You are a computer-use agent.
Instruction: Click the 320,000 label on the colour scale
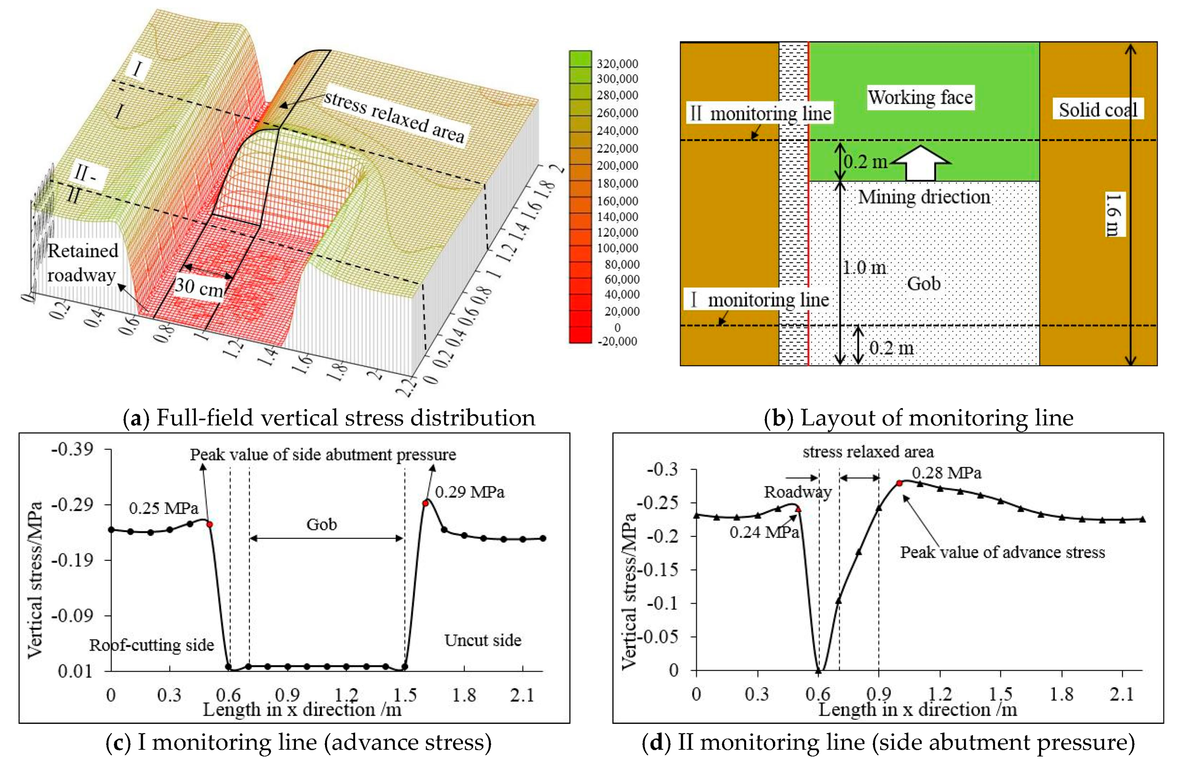click(617, 64)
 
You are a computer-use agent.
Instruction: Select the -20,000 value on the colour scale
click(617, 341)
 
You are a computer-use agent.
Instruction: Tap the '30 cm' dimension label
click(198, 286)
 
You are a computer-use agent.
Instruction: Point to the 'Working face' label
click(920, 97)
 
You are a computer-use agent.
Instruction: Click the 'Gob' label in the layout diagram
click(924, 283)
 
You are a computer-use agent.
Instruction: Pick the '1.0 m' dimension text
click(864, 268)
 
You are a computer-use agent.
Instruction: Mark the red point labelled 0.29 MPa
click(425, 503)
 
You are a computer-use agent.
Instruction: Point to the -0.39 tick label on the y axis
click(72, 449)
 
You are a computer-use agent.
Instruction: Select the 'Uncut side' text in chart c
click(483, 640)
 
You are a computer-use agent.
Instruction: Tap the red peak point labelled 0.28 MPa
click(899, 483)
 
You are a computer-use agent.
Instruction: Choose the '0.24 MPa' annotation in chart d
click(764, 532)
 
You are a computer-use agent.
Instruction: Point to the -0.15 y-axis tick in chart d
click(662, 570)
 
